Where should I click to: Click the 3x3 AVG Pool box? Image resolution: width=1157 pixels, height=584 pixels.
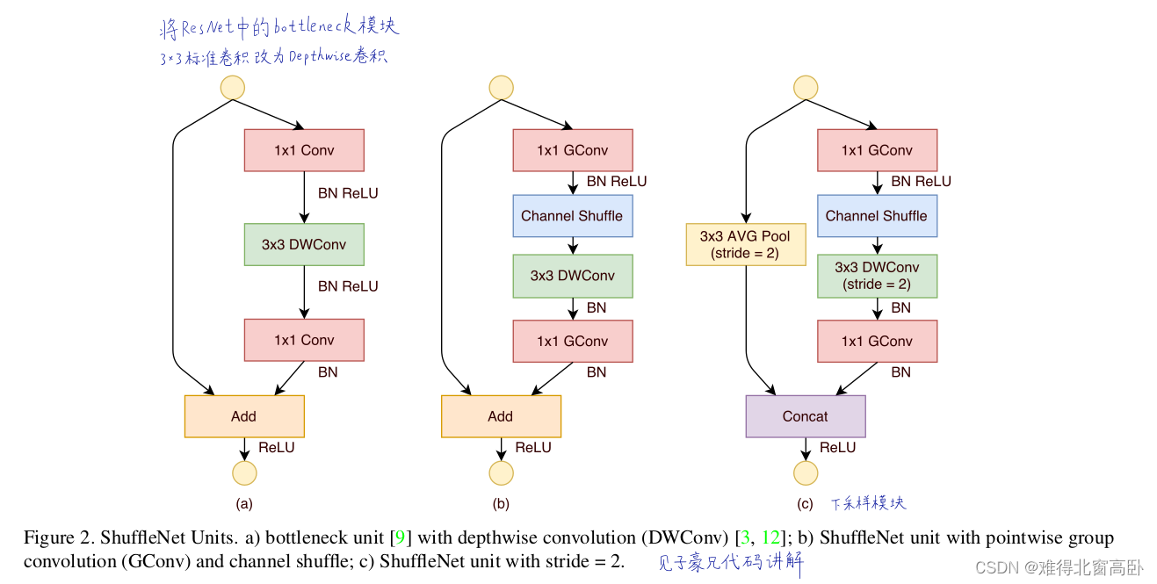point(746,245)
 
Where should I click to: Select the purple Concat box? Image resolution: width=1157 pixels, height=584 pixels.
point(806,416)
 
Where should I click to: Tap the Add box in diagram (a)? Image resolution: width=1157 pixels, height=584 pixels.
point(244,416)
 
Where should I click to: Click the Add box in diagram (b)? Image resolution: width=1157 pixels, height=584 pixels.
point(501,416)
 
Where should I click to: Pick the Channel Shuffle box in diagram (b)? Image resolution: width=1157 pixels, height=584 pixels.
point(573,216)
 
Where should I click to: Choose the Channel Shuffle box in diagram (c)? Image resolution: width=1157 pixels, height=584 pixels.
point(877,216)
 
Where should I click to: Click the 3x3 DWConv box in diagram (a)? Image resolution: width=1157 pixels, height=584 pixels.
point(304,245)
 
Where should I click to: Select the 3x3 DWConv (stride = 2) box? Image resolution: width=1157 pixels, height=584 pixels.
point(877,276)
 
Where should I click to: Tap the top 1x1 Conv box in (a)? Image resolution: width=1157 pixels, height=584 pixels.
point(304,150)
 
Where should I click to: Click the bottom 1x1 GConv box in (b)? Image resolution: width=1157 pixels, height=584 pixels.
point(573,341)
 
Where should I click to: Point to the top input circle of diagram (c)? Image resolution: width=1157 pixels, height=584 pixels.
point(806,88)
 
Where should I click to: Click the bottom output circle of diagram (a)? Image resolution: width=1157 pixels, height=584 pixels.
point(244,473)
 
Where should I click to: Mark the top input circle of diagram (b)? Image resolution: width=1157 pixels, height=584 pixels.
point(501,88)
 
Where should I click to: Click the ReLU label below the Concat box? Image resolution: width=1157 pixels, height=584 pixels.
point(838,447)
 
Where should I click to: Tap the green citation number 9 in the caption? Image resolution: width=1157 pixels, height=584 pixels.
point(400,537)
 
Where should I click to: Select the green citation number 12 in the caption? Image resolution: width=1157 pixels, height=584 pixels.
point(771,537)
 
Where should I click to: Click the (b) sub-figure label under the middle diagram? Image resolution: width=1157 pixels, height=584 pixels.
point(501,503)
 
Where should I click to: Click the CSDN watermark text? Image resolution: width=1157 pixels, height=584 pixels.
point(1059,567)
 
